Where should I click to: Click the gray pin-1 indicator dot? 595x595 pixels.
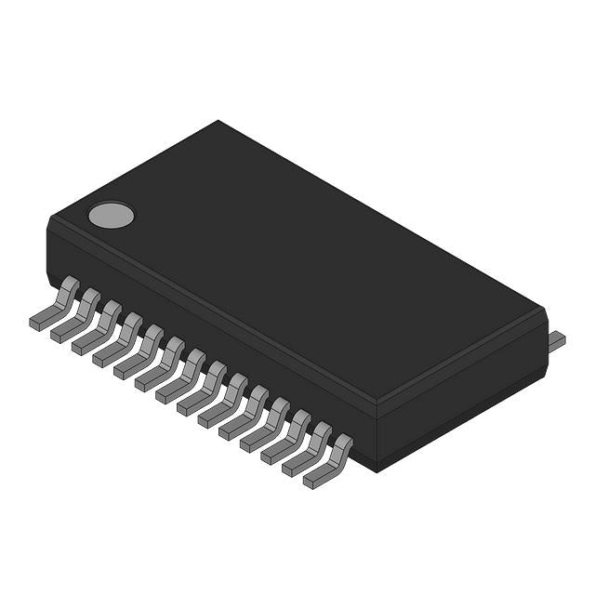[x=111, y=216]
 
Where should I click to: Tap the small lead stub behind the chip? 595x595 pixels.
[x=556, y=341]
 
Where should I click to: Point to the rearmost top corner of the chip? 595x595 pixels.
[x=218, y=122]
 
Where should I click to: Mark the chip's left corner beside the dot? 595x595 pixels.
[x=50, y=221]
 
